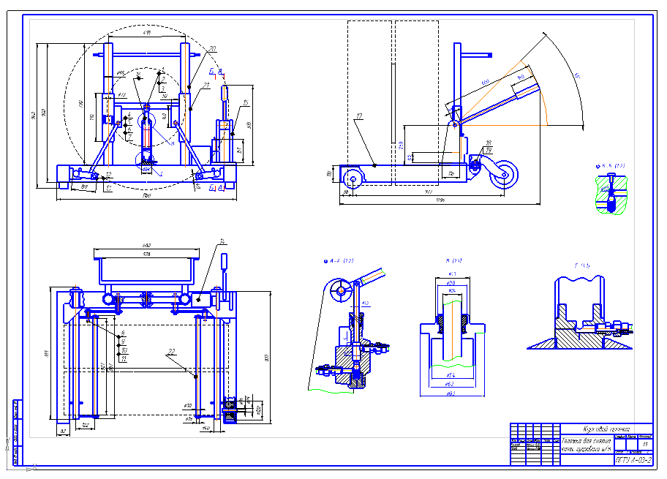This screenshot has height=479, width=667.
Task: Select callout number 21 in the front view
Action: coord(206,86)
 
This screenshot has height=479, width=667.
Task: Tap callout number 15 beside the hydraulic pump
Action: coord(246,103)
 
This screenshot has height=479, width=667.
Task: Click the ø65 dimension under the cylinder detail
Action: coord(451,393)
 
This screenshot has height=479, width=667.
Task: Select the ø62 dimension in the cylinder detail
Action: coord(451,383)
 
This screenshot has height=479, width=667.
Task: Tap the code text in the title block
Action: coord(633,460)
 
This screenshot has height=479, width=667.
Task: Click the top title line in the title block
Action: coord(606,429)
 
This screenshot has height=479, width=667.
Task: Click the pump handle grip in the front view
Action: coord(225,95)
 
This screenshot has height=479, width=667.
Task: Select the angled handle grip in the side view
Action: coord(527,86)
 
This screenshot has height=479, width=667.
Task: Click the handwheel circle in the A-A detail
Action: coord(340,290)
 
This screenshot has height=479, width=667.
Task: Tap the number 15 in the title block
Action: coord(644,444)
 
